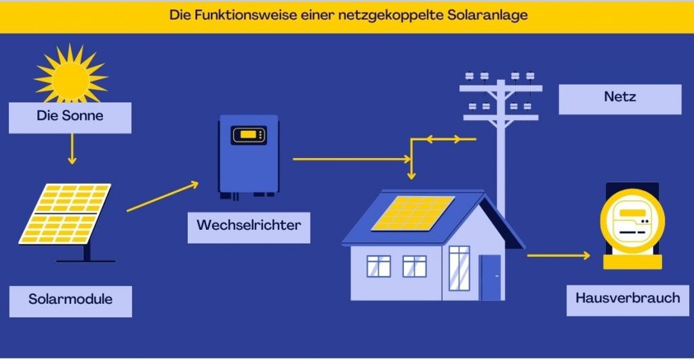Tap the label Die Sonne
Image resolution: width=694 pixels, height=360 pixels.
coord(70,116)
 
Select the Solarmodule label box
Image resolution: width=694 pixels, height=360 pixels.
coord(70,299)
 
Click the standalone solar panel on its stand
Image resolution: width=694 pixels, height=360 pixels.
coord(66,216)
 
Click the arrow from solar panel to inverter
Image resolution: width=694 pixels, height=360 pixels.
coord(163,197)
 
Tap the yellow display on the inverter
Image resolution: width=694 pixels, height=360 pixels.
coord(248,135)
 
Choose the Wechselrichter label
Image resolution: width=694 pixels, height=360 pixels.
coord(248,225)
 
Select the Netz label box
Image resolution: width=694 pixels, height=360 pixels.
coord(619,98)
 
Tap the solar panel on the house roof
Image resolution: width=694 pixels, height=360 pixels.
coord(413,213)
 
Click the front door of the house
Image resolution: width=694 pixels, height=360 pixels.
coord(490,277)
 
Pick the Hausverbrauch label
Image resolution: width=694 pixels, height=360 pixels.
coord(627,298)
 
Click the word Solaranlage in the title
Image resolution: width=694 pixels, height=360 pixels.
coord(487,16)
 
